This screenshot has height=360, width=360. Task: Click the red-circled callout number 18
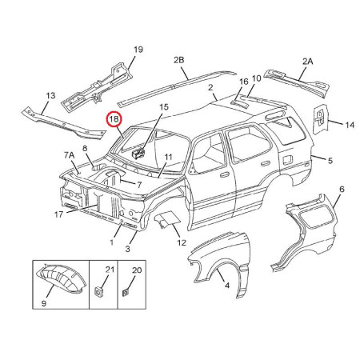click(114, 119)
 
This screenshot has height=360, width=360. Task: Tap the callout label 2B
click(178, 60)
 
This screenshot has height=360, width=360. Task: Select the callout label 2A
click(307, 62)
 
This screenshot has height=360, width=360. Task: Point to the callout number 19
click(138, 50)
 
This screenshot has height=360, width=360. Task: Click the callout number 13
click(50, 95)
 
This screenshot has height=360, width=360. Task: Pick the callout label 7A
click(69, 155)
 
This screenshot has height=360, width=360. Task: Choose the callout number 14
click(350, 125)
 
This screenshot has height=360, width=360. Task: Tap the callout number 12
click(182, 242)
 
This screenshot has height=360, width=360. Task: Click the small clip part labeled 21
click(99, 291)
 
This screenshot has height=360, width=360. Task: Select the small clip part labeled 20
click(126, 293)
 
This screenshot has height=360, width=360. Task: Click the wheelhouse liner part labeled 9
click(62, 278)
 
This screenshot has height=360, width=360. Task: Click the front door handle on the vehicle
click(225, 175)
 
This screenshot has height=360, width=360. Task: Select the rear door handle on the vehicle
click(265, 163)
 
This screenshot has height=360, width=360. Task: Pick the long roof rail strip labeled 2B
click(177, 87)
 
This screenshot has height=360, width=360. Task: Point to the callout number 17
click(58, 214)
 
